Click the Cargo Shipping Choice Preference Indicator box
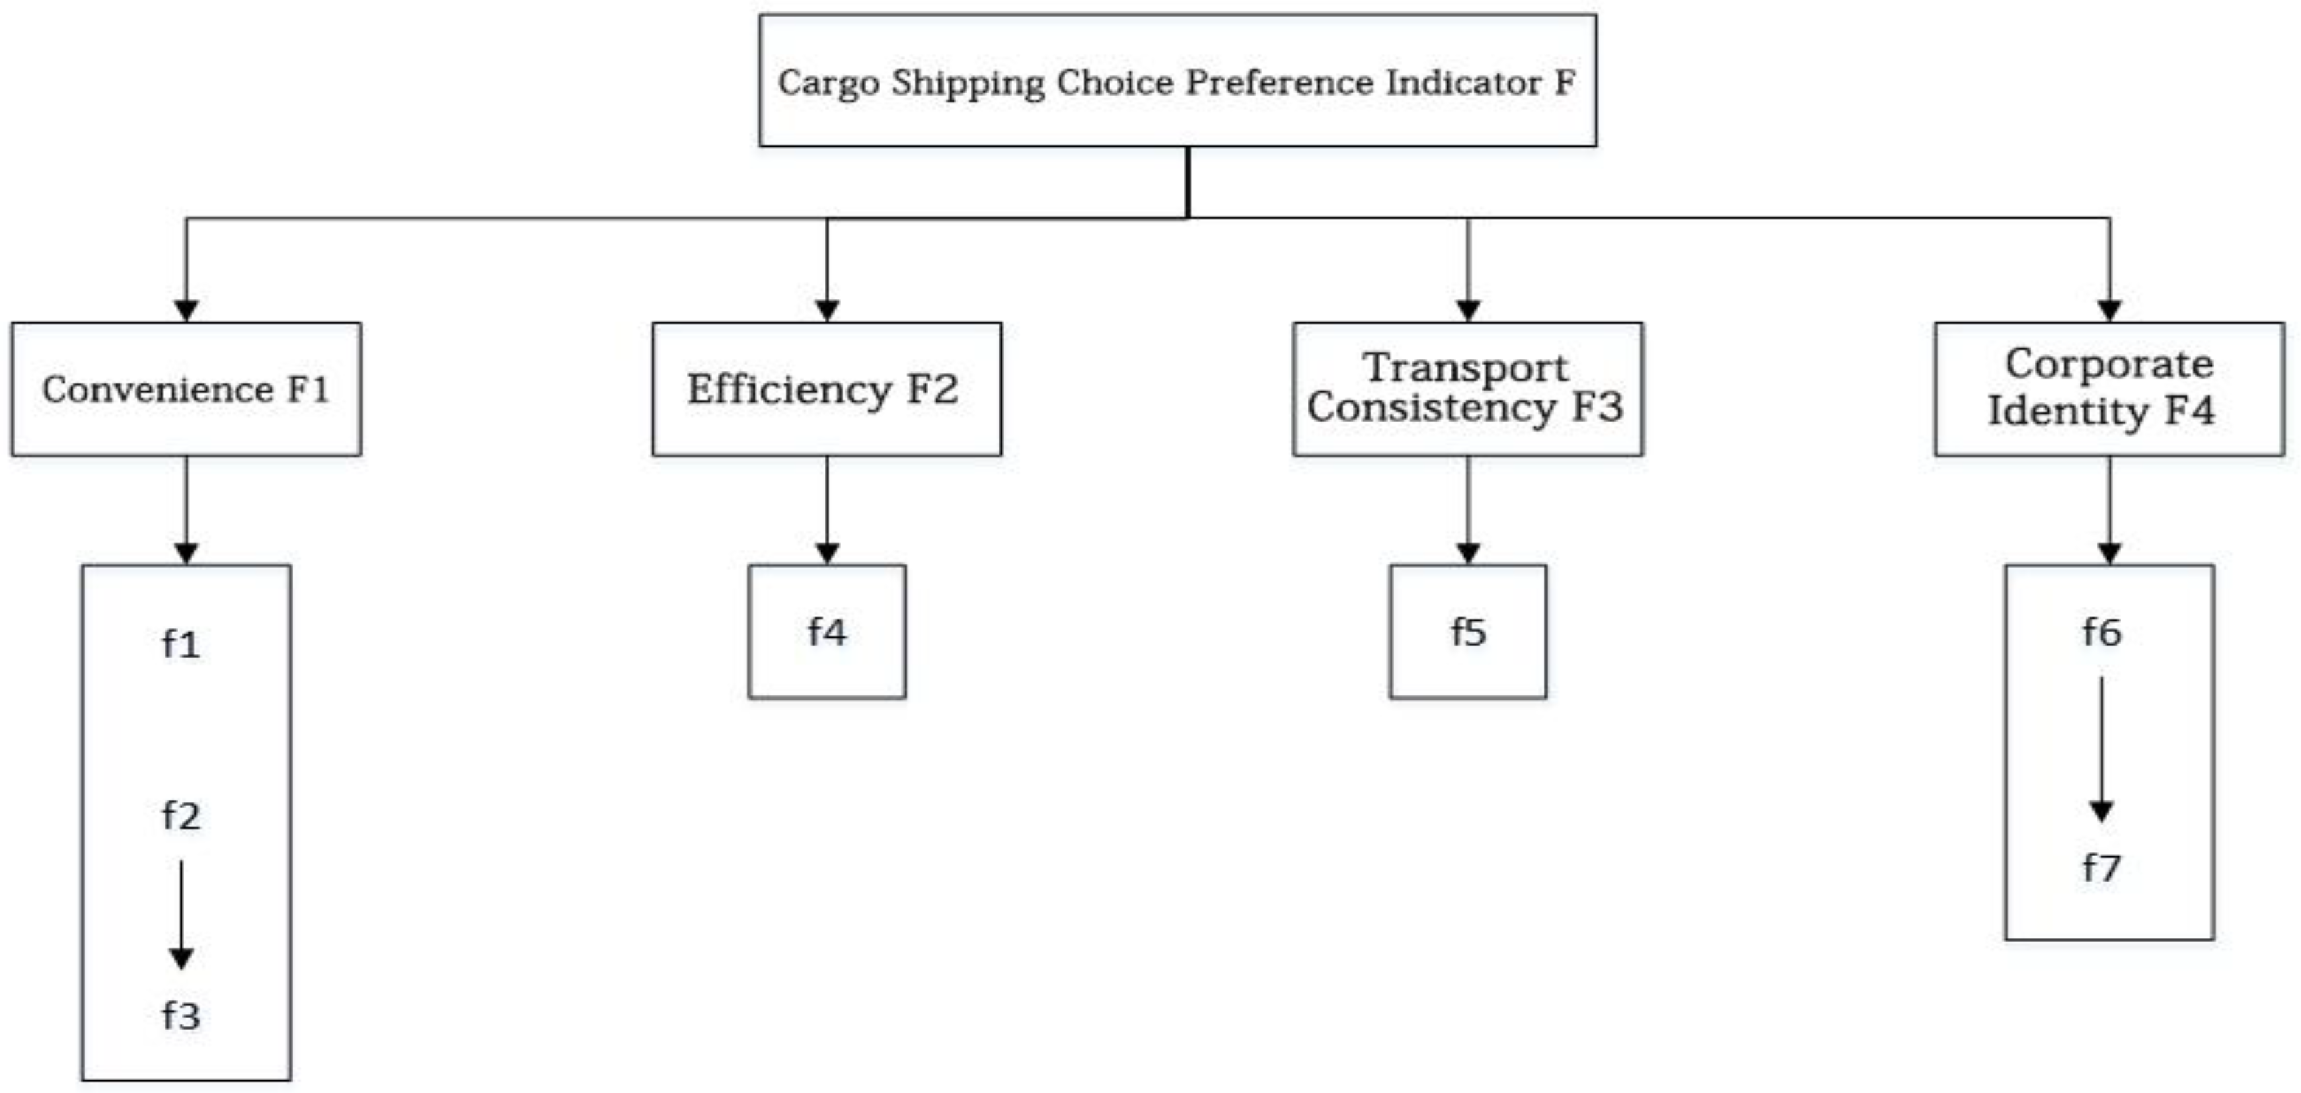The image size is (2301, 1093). [1177, 80]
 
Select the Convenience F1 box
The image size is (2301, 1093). [186, 389]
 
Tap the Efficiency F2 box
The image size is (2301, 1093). [826, 389]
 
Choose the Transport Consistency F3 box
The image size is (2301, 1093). [1467, 389]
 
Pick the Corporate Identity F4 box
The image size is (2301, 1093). [2109, 389]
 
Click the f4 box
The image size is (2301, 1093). [826, 632]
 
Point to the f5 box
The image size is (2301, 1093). [1468, 632]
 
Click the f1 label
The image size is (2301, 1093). [182, 644]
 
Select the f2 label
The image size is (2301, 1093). [182, 815]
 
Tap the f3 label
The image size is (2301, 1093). [182, 1015]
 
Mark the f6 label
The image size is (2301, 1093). [2101, 632]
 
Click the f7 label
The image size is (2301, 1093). [2101, 867]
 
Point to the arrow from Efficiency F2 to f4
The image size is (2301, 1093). [826, 509]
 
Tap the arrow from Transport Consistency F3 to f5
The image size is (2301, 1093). [1468, 509]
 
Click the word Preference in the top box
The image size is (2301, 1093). [1279, 83]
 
